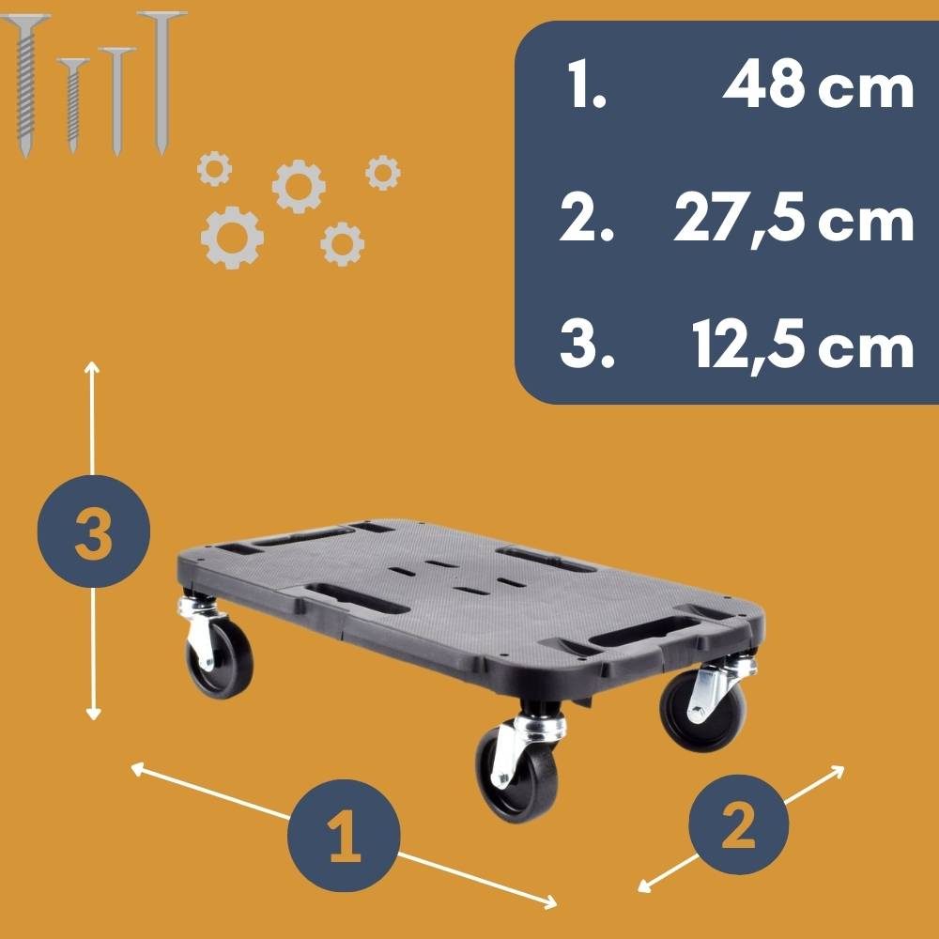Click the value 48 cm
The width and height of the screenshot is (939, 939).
pyautogui.click(x=818, y=88)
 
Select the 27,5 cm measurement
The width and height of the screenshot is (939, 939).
pyautogui.click(x=793, y=222)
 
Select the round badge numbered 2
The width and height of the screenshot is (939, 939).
pyautogui.click(x=737, y=825)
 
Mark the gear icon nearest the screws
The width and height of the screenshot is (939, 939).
pyautogui.click(x=215, y=169)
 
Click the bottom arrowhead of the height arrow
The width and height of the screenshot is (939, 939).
pyautogui.click(x=92, y=715)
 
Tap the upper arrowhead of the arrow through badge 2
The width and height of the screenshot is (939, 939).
pyautogui.click(x=839, y=769)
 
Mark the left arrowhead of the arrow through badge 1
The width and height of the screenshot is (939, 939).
pyautogui.click(x=135, y=768)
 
